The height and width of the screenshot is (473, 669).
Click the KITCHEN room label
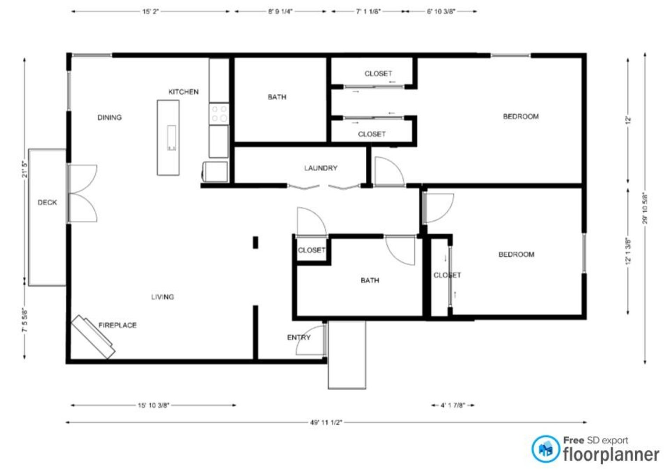[x=184, y=92]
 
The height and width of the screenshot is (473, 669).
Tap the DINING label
[x=110, y=117]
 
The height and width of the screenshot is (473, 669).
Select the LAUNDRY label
[x=321, y=168]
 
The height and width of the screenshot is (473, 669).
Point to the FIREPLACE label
[x=118, y=325]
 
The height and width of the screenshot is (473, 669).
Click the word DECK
[x=47, y=202]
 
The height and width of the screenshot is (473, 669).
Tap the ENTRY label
[x=299, y=337]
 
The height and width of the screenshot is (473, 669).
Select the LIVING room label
[x=163, y=297]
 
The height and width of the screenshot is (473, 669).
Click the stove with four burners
[x=219, y=114]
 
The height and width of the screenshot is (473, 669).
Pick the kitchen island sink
[x=171, y=138]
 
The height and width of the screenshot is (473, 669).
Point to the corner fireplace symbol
[x=93, y=336]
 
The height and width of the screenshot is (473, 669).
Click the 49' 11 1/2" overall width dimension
[x=326, y=423]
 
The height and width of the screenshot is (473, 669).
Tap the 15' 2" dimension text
[x=150, y=12]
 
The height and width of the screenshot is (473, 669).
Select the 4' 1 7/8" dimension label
[x=453, y=405]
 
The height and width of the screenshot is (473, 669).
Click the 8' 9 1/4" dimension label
[x=280, y=12]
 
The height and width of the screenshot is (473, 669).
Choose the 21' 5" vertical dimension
[x=25, y=169]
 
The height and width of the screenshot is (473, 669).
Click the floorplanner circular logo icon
[x=545, y=449]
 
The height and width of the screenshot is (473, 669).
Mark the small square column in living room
[x=255, y=243]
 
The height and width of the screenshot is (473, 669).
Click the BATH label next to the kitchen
[x=277, y=97]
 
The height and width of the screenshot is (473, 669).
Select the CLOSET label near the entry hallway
[x=311, y=250]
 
